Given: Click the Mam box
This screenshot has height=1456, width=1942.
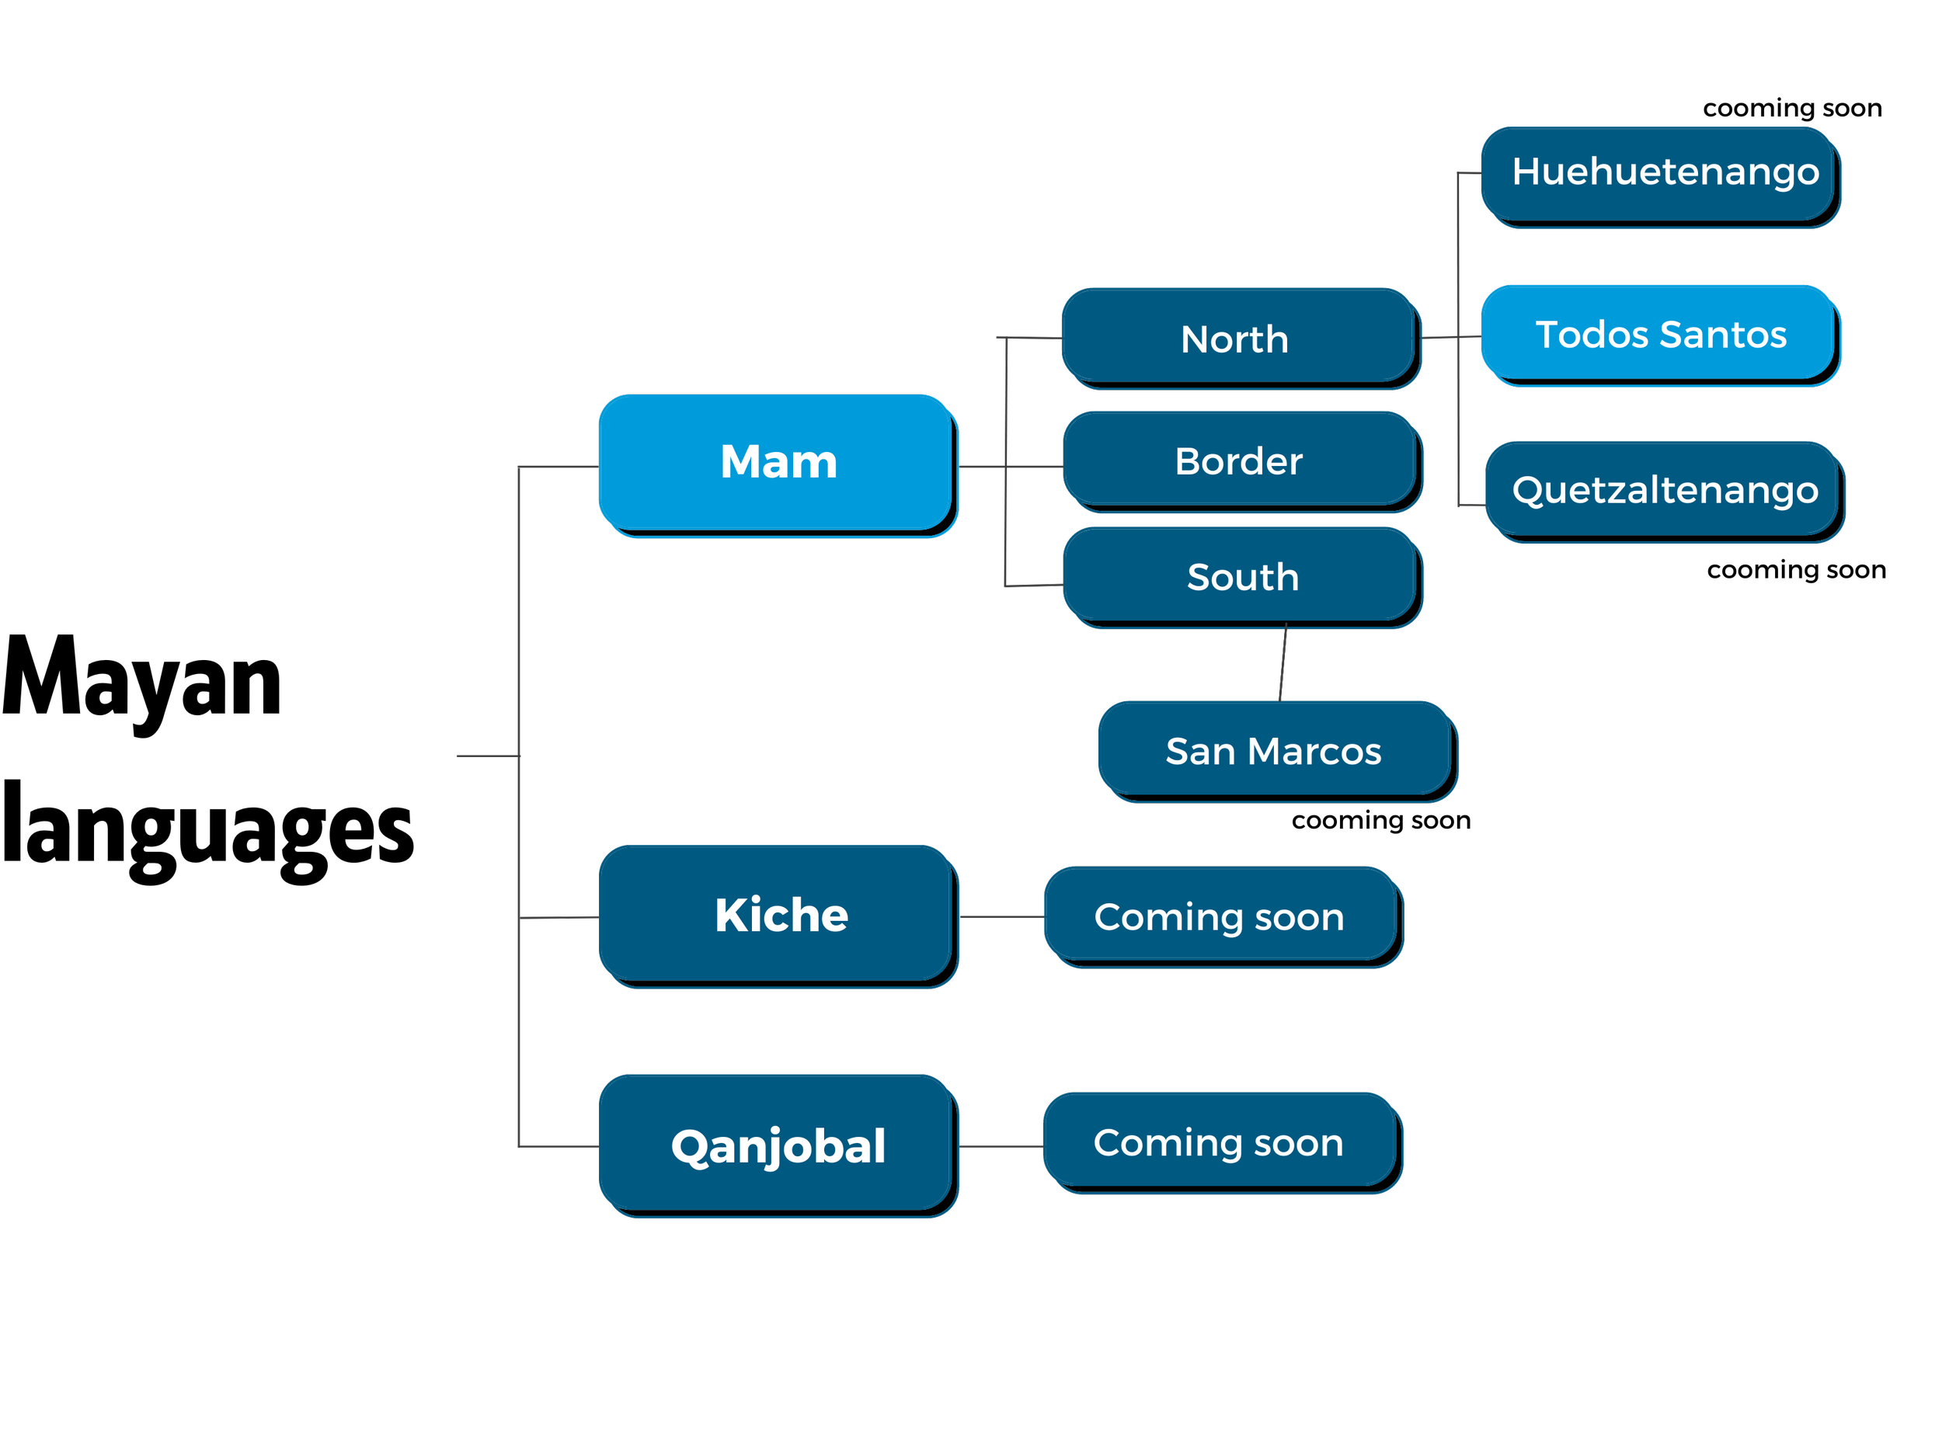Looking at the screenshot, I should [776, 463].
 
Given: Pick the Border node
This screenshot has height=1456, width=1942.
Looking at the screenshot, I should [1239, 460].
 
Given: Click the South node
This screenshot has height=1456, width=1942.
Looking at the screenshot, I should [1241, 577].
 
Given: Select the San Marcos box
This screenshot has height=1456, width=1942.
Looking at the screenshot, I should [1275, 750].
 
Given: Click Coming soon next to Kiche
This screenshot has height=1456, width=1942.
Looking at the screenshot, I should [1220, 916].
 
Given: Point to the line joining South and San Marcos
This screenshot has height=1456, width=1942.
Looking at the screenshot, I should [1282, 663].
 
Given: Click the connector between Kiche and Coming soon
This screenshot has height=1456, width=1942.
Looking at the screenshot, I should [1001, 916].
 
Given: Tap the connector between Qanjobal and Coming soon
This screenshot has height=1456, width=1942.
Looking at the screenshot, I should [1001, 1146].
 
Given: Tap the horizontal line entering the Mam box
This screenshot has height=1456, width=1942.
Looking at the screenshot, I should [559, 466].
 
